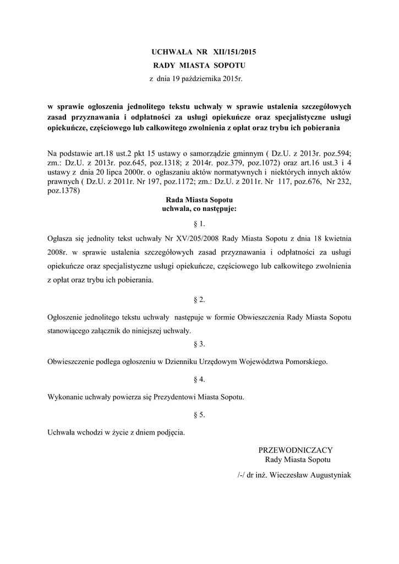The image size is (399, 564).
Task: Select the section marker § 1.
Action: click(x=199, y=224)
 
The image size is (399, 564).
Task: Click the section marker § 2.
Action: click(x=199, y=299)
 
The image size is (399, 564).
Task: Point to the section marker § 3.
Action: click(x=199, y=344)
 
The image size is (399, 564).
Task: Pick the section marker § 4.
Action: click(x=199, y=379)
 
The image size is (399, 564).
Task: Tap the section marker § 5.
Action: click(x=199, y=415)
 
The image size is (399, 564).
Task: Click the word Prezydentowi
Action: click(x=187, y=397)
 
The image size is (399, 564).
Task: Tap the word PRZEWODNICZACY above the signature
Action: click(x=296, y=450)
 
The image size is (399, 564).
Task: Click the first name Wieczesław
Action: click(x=275, y=474)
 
